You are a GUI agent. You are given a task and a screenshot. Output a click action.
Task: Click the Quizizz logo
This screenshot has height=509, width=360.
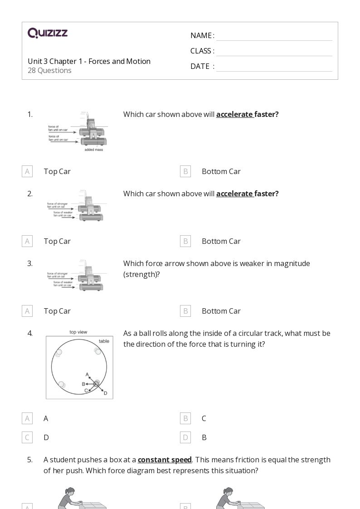tap(48, 33)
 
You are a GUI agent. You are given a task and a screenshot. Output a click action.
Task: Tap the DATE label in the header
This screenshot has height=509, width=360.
tap(200, 66)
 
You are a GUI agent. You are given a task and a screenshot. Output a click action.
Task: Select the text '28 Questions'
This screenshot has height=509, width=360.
tap(49, 70)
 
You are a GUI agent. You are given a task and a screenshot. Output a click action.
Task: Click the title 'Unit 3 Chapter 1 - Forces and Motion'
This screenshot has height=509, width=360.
tap(89, 61)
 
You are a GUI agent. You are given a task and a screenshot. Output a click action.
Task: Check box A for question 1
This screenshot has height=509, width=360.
tap(27, 171)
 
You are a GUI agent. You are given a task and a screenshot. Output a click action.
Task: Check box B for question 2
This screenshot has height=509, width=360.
tap(185, 241)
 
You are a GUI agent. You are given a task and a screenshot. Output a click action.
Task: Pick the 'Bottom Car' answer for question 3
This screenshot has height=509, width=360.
tap(221, 311)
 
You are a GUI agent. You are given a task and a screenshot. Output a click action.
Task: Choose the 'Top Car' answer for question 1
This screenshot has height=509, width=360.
tap(57, 171)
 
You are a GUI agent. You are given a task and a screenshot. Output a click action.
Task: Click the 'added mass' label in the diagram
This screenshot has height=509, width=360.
tap(93, 150)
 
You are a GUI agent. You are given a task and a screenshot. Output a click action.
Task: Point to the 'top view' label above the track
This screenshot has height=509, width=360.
tap(78, 332)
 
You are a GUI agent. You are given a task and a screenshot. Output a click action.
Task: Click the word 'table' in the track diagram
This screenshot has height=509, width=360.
tap(104, 341)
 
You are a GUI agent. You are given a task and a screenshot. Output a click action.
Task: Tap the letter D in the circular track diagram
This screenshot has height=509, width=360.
tap(105, 393)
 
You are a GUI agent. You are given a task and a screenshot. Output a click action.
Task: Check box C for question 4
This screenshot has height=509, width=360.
tap(27, 437)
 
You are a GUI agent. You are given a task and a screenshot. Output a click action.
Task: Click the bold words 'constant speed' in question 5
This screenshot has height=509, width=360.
tap(165, 460)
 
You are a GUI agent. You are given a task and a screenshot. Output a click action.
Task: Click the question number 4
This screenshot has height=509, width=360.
tap(30, 333)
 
